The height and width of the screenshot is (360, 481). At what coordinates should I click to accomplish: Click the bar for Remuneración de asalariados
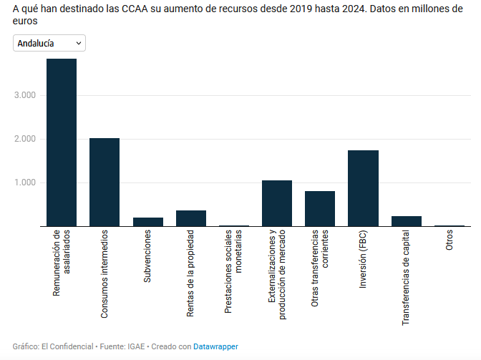point(62,142)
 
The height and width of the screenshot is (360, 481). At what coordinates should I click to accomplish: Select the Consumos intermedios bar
point(105,183)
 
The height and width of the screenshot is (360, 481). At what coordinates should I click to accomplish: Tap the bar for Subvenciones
point(147,222)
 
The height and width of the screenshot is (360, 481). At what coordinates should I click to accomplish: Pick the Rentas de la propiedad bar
point(190,218)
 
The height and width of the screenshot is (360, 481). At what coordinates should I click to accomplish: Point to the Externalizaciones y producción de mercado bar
point(277,203)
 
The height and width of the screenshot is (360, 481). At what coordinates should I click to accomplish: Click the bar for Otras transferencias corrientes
point(320,208)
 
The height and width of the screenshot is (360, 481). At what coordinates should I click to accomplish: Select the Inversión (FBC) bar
point(363,188)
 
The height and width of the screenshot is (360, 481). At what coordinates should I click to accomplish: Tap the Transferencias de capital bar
point(406,221)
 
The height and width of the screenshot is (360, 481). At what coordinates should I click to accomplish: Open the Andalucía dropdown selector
point(49,44)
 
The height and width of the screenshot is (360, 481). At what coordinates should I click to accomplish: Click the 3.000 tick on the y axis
point(26,95)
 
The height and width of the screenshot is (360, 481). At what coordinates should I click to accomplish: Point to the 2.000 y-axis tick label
point(26,139)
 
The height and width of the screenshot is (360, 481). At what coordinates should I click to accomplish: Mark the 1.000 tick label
point(26,183)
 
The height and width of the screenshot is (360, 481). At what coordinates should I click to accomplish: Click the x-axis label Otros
point(450,240)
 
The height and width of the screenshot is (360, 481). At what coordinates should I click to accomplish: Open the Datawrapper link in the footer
point(215,346)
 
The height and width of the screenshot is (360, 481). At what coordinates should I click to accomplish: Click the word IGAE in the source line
point(135,346)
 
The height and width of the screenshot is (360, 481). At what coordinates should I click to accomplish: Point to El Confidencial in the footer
point(64,346)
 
